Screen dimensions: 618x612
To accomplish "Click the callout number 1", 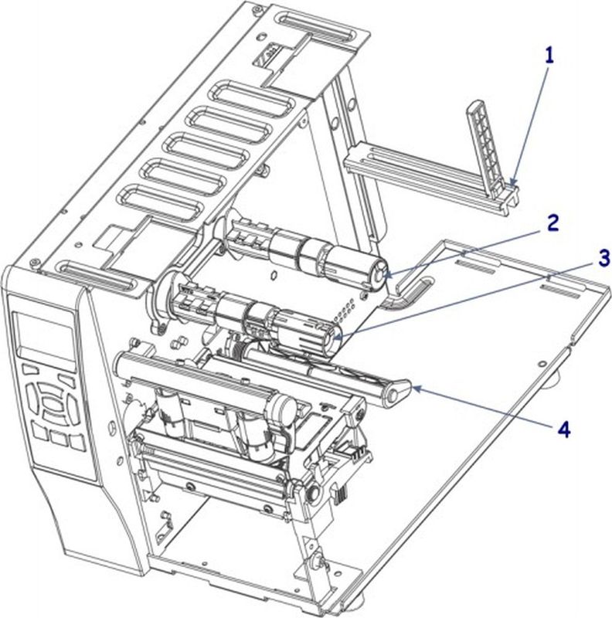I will coord(549,55).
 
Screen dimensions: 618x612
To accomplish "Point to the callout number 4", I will coord(565,430).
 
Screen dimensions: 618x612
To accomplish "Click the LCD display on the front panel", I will coord(43,335).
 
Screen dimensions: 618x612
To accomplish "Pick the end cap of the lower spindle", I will coord(330,337).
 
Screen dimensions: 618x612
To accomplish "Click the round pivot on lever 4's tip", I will coord(394,396).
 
